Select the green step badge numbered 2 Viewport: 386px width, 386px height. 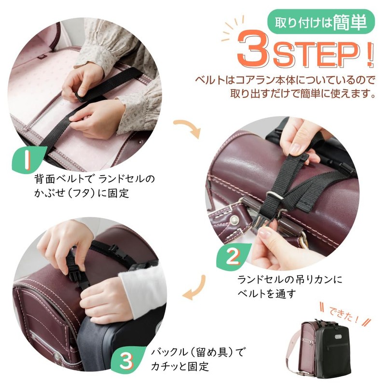[233, 257]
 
